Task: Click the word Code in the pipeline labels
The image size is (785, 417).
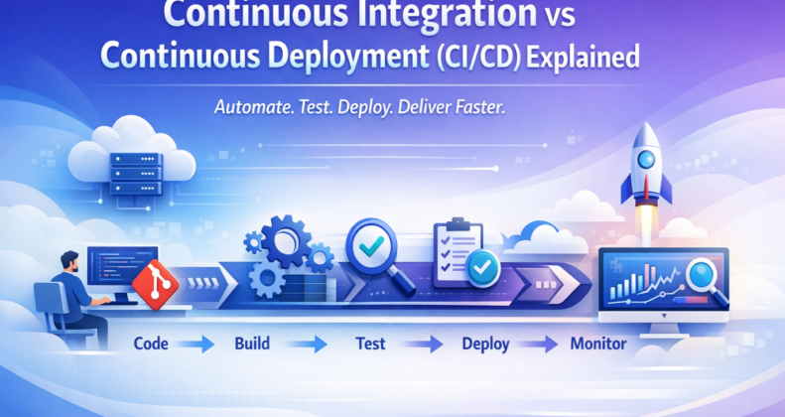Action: (x=152, y=346)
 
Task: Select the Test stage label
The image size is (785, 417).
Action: (x=369, y=346)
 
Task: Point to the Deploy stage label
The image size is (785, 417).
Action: (x=485, y=346)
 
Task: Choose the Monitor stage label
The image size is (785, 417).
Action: (x=598, y=346)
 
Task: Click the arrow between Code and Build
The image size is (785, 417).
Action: (x=201, y=346)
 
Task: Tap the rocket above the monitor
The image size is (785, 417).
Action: (x=639, y=169)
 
